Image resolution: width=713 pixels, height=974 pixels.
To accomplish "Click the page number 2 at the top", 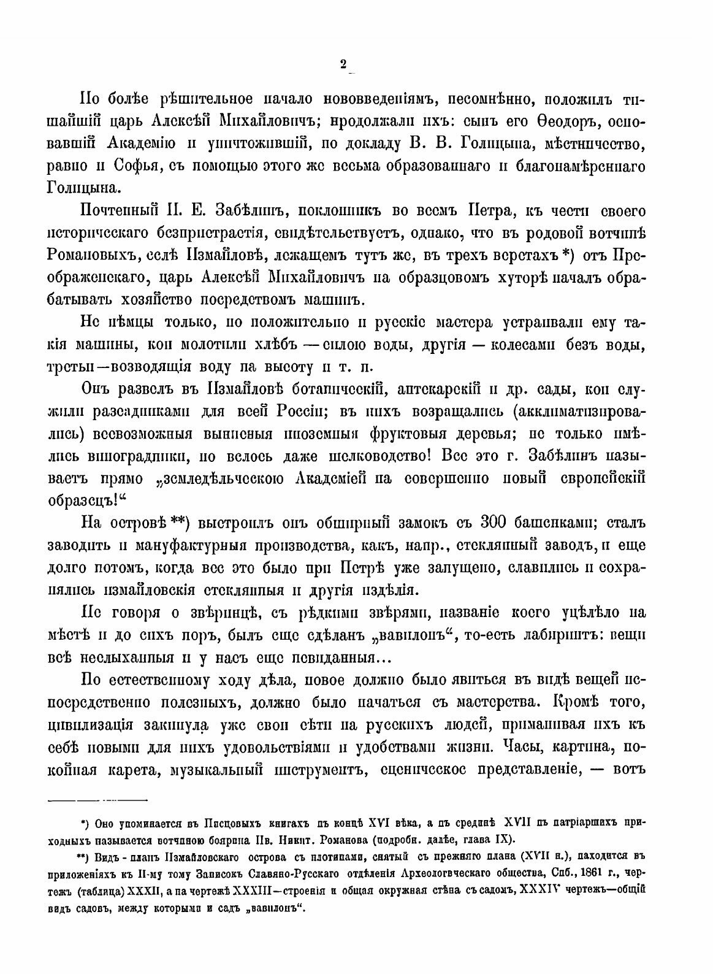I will click(343, 64).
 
